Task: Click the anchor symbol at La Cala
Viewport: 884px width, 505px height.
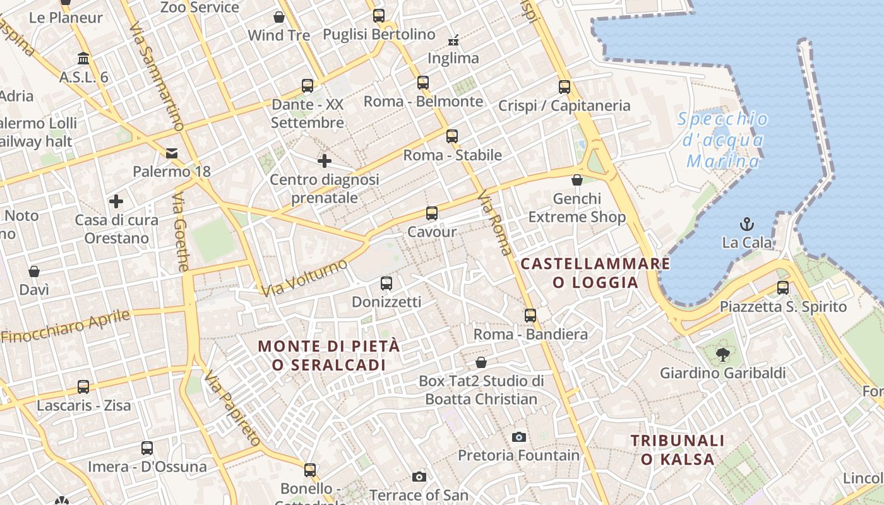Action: [747, 224]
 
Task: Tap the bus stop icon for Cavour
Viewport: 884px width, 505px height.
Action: [432, 213]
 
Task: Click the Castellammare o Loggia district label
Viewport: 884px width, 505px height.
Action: [595, 273]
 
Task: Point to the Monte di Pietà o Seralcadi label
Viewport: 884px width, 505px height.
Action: [329, 355]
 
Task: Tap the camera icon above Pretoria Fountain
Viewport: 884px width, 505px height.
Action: [518, 437]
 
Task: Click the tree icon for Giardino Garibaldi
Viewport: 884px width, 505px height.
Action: [722, 355]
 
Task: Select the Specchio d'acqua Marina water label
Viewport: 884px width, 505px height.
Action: [723, 140]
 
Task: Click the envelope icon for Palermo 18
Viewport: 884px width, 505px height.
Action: [172, 153]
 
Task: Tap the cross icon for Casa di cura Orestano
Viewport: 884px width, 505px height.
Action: [116, 201]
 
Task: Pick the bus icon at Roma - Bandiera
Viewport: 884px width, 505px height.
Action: [530, 315]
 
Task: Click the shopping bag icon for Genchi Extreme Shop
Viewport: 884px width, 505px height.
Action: [576, 181]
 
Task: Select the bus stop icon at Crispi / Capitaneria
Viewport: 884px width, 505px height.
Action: [564, 87]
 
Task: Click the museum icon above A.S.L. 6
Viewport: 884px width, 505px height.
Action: [83, 59]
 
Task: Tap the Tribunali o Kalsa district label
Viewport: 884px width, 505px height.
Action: [678, 449]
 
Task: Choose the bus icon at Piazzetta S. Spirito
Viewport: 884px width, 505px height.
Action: [783, 288]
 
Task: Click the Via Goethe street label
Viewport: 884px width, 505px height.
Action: [181, 232]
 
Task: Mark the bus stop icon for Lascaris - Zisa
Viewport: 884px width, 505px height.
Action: [83, 386]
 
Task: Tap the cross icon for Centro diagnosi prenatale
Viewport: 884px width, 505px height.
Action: [325, 161]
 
